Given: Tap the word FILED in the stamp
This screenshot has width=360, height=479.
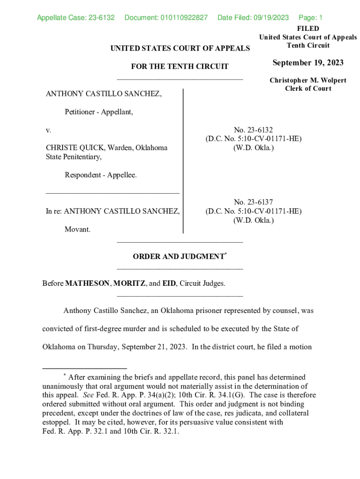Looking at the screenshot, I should point(308,29).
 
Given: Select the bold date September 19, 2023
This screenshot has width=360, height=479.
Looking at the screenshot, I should point(308,63).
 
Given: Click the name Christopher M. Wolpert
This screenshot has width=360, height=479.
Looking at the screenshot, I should point(308,80).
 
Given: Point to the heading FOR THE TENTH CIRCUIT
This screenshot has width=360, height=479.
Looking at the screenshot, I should point(180,66).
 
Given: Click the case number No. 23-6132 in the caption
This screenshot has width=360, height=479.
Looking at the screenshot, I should point(253,130).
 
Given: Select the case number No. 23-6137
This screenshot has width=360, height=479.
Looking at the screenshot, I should point(253,202).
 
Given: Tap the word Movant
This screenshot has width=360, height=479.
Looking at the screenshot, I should point(78,229).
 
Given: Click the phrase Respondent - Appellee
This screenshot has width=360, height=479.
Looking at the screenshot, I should point(101,175).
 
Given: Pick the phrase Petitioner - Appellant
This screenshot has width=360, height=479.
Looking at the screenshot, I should point(99,112).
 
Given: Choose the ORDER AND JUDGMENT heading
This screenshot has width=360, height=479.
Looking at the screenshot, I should point(179,256).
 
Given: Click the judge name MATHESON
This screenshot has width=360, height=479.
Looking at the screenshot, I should point(87,283).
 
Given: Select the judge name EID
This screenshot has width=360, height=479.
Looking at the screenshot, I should point(169,283).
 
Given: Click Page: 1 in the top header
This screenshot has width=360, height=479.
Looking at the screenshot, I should point(310,18).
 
